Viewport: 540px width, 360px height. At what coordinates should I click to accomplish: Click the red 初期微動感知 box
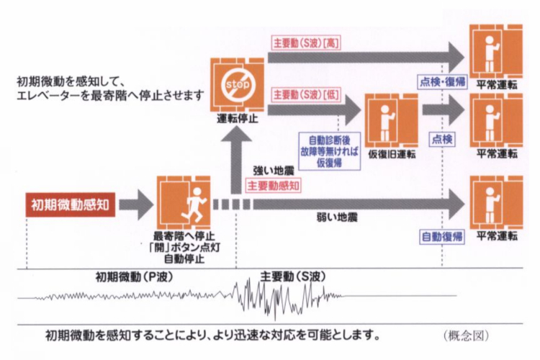[69, 204]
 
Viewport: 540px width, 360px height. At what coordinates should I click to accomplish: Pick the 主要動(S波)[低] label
[306, 94]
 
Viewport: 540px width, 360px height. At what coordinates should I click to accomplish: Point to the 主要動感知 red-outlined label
[274, 185]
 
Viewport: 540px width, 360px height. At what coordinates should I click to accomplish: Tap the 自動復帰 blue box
[441, 236]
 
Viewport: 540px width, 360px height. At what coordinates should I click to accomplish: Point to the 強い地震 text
[269, 171]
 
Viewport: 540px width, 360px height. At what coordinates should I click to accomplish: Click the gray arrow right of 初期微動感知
[135, 204]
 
